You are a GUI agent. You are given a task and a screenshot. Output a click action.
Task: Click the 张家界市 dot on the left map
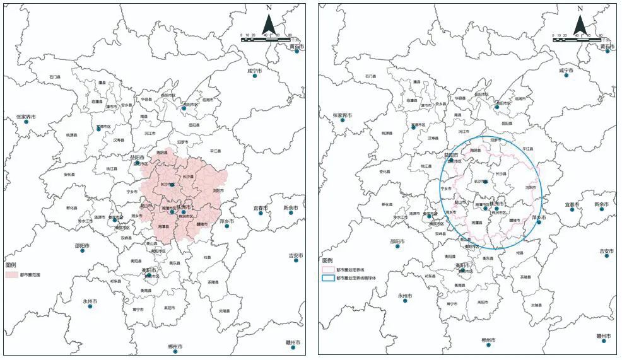(x=26, y=121)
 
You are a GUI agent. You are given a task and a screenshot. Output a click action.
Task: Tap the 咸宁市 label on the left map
(x=254, y=71)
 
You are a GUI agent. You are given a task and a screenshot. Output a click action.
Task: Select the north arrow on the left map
(x=268, y=23)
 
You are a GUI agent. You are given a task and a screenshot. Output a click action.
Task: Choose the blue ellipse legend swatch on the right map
(x=327, y=277)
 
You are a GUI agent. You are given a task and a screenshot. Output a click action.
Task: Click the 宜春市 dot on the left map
(x=261, y=213)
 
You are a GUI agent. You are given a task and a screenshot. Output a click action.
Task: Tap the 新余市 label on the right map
(x=601, y=206)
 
